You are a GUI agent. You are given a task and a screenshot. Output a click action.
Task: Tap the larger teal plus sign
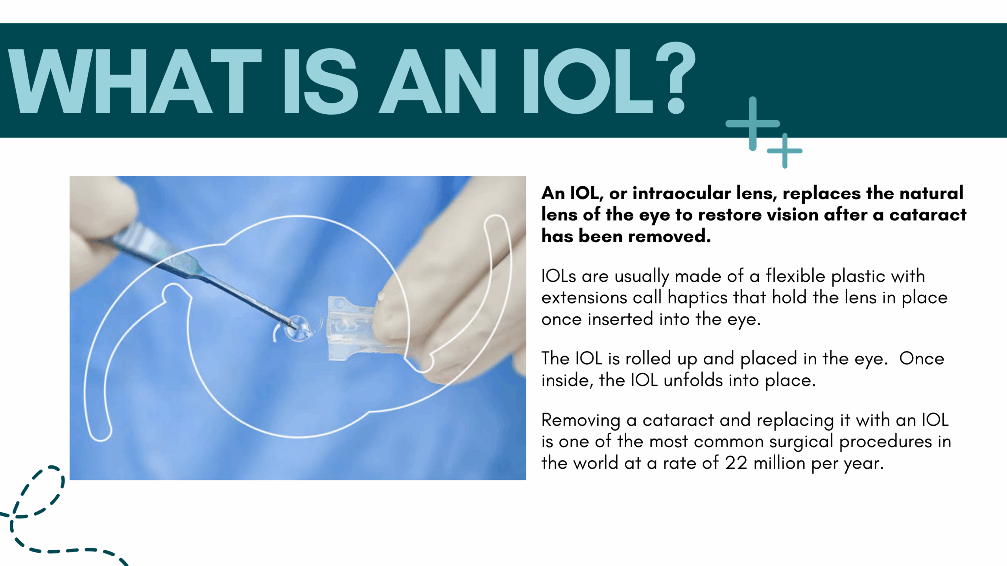pos(752,123)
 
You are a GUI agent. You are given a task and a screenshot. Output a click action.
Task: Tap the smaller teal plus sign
pos(785,151)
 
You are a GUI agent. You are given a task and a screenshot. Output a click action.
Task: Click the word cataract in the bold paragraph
pos(928,215)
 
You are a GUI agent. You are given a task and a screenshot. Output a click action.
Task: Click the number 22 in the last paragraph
pos(736,463)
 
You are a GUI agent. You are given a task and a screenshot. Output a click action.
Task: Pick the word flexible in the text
pos(795,276)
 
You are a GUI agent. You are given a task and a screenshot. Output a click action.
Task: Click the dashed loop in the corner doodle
pos(39,491)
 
